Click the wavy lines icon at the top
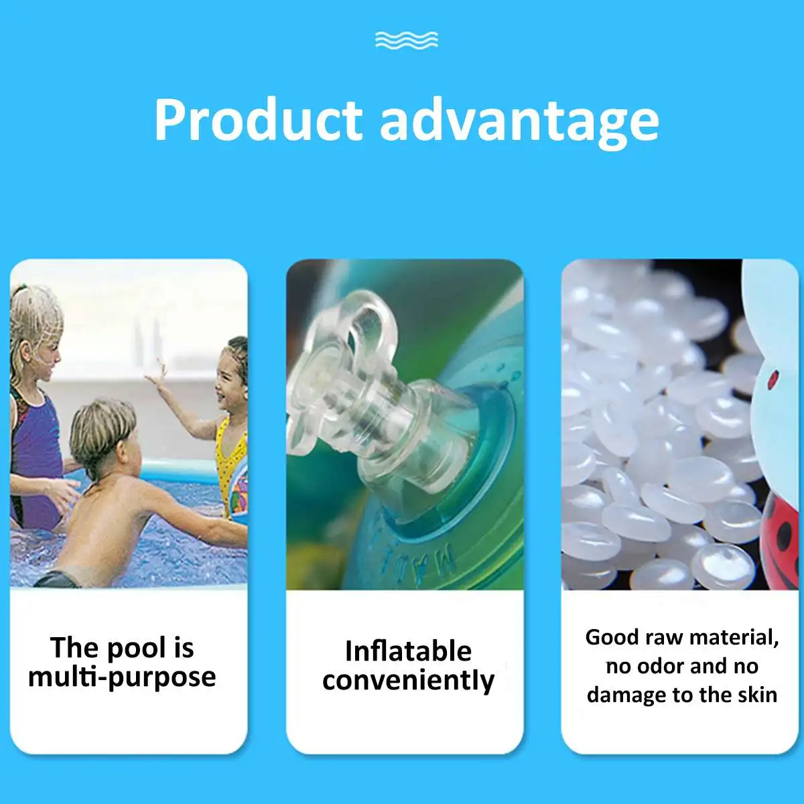coord(407,40)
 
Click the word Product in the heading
coord(258,121)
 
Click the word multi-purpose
coord(122,677)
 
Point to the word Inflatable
coord(407,651)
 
